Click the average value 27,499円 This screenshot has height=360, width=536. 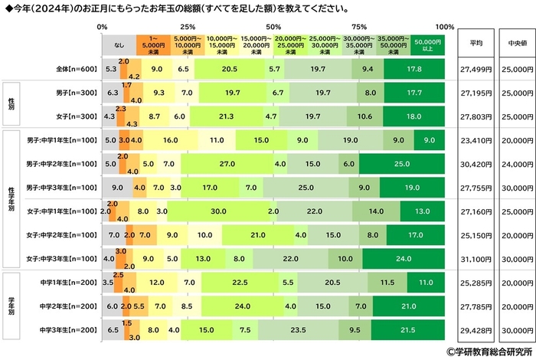click(475, 69)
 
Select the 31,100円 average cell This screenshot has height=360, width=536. click(475, 260)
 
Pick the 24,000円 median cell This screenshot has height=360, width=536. click(512, 164)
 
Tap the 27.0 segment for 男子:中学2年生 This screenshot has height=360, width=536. click(227, 164)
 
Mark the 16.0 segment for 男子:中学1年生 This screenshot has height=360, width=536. click(171, 140)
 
